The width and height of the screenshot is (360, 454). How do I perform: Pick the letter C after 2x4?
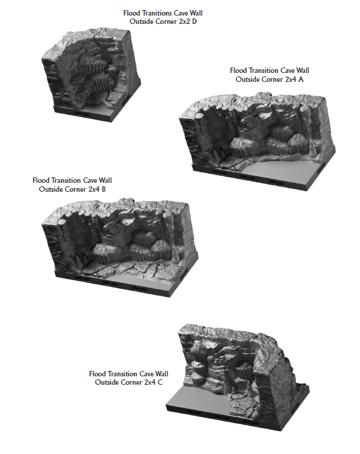(160, 382)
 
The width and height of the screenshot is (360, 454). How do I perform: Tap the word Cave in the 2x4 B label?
(87, 180)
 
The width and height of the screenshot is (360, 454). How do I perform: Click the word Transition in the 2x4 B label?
(63, 180)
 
